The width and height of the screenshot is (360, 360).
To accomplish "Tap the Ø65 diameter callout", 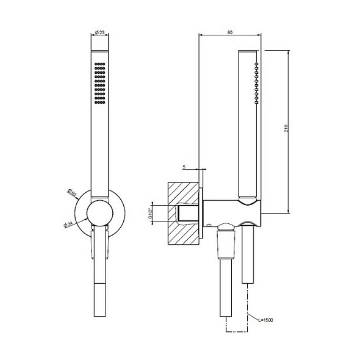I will click(x=72, y=195).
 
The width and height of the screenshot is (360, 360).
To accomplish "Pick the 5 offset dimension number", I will click(x=184, y=166).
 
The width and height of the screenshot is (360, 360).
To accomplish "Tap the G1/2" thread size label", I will click(x=150, y=214).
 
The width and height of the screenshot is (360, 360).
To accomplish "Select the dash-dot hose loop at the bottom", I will click(x=237, y=333).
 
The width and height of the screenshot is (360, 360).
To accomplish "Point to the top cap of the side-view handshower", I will click(x=248, y=49).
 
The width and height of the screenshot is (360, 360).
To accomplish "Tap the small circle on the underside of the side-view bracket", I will click(x=209, y=225).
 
